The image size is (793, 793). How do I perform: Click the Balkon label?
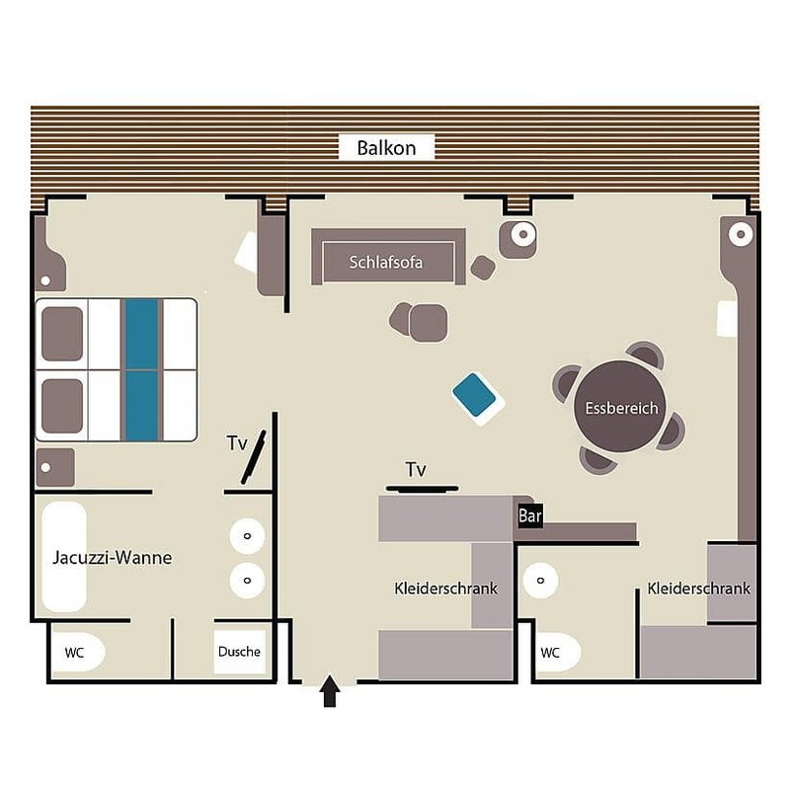point(386,148)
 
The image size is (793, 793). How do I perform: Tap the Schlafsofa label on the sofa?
point(386,262)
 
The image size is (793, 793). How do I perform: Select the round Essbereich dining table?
point(620,407)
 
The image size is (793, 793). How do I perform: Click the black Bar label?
point(530,515)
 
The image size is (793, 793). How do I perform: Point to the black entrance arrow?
point(330,690)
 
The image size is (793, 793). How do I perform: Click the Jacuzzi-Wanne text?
point(113,557)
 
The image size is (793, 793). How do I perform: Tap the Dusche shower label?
point(239,652)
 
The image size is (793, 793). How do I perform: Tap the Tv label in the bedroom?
point(237,443)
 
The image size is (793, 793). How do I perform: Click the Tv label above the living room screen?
point(416,469)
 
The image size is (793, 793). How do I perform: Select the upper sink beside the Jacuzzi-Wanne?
point(247,535)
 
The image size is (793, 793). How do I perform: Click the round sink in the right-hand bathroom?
point(540,580)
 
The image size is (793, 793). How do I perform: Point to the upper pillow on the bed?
point(62,334)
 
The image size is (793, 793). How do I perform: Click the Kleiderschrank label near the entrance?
point(445,589)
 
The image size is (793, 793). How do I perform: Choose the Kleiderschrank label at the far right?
point(698,589)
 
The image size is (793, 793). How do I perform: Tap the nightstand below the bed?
point(55,467)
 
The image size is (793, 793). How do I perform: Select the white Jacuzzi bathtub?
point(64,557)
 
